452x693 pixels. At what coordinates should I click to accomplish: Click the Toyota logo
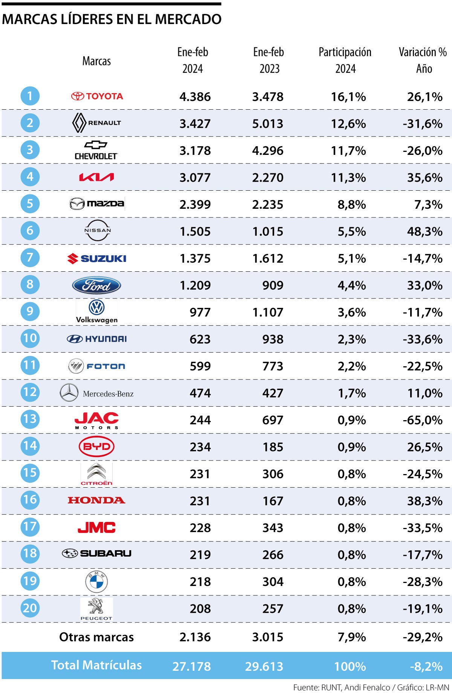(x=97, y=96)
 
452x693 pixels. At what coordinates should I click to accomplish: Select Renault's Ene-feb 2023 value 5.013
(x=267, y=124)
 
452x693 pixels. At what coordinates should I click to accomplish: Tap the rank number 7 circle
(x=30, y=258)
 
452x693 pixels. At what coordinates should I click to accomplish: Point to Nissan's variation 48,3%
(x=425, y=231)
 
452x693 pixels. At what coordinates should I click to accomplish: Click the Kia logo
(x=96, y=177)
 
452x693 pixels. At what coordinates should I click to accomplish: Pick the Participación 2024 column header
(x=345, y=60)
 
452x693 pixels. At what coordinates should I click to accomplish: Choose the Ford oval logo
(x=96, y=286)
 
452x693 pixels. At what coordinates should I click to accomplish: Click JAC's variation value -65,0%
(x=422, y=420)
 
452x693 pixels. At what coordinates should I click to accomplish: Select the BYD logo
(x=96, y=447)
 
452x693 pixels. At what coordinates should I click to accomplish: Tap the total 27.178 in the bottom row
(x=191, y=666)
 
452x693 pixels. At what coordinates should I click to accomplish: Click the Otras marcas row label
(x=96, y=637)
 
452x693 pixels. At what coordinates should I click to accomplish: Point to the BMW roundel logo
(x=96, y=581)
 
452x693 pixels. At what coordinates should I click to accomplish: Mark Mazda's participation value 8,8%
(x=351, y=205)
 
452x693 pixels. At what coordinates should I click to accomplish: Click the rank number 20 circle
(x=30, y=608)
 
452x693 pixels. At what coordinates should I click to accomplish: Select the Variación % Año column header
(x=423, y=60)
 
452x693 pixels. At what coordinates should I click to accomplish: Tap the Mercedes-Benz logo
(x=96, y=393)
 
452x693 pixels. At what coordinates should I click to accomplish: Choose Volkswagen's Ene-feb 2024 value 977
(x=200, y=312)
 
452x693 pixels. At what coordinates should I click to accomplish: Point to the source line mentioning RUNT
(x=371, y=687)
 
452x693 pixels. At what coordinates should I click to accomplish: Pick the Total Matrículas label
(x=96, y=665)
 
